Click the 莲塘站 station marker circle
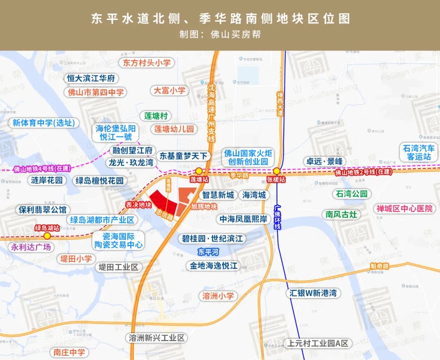coord(199,171)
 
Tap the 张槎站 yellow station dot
coord(276,171)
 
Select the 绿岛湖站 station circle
coord(47,235)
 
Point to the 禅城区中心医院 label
coord(404,209)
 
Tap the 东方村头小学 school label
coord(147,63)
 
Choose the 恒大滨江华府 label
coord(91,78)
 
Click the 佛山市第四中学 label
coord(96,92)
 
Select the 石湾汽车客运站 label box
coord(419,152)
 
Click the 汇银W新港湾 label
coord(313,293)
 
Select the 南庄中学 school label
coord(69,352)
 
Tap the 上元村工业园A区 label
coord(318,343)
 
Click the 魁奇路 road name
coord(380,266)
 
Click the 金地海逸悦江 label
coord(213,266)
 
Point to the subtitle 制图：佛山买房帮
coord(220,34)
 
